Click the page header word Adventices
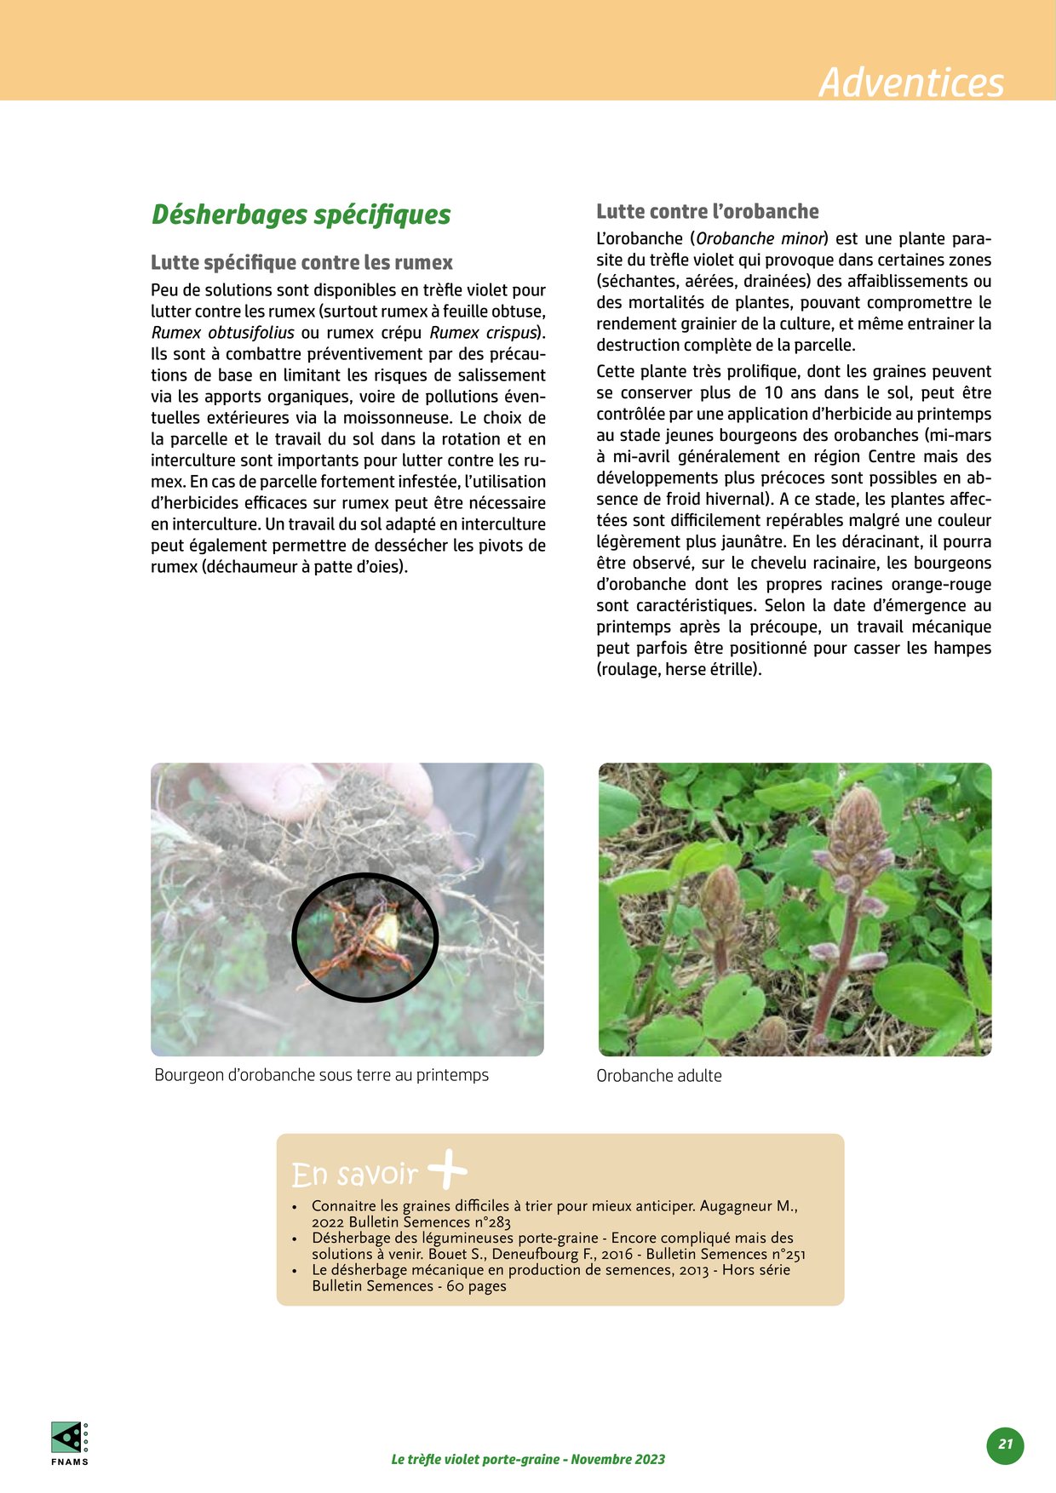pyautogui.click(x=910, y=83)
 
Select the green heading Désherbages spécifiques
pyautogui.click(x=301, y=215)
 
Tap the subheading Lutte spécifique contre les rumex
pyautogui.click(x=301, y=262)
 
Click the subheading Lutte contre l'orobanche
pyautogui.click(x=707, y=211)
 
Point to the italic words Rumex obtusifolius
pyautogui.click(x=222, y=333)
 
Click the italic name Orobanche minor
pyautogui.click(x=760, y=239)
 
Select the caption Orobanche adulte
pyautogui.click(x=658, y=1076)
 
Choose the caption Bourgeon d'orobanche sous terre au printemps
pyautogui.click(x=321, y=1075)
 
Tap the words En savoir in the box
pyautogui.click(x=353, y=1175)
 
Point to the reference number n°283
pyautogui.click(x=491, y=1222)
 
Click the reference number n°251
pyautogui.click(x=784, y=1254)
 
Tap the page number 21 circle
pyautogui.click(x=1006, y=1444)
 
